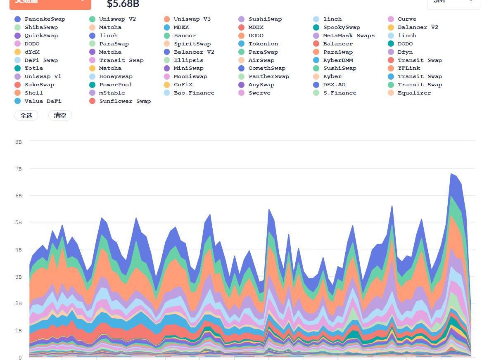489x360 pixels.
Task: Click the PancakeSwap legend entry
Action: point(45,19)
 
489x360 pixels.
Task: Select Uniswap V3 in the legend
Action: point(192,19)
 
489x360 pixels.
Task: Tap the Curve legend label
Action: point(407,19)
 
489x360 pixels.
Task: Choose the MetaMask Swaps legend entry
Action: point(349,36)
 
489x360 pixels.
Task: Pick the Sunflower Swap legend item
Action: point(125,101)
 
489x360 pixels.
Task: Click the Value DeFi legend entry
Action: point(43,101)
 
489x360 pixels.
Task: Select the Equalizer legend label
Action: point(414,93)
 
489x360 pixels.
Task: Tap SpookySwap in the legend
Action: point(342,27)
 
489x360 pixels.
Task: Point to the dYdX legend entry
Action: point(32,52)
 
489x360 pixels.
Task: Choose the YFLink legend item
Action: point(409,68)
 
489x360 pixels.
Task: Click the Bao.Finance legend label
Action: point(194,93)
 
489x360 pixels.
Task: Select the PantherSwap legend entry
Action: point(268,76)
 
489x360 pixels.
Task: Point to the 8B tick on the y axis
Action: point(19,142)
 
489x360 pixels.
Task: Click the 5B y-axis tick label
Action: point(19,223)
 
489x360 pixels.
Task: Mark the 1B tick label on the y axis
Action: point(19,330)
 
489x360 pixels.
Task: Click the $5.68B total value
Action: point(123,4)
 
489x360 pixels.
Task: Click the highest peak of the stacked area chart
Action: point(451,174)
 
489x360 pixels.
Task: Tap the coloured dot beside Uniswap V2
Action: point(92,19)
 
